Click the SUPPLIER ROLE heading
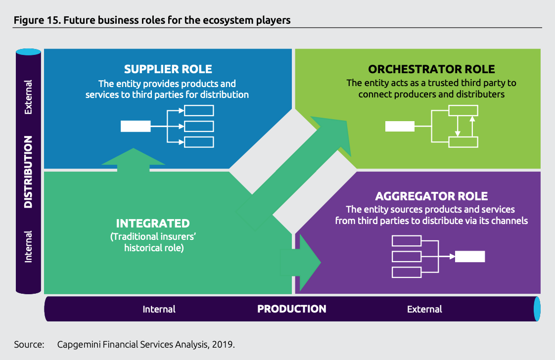[x=168, y=69]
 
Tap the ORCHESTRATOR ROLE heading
[x=431, y=69]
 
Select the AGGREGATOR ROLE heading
[x=431, y=196]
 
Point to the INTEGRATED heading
[x=153, y=224]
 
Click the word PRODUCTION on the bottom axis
[x=292, y=309]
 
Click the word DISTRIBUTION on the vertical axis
[x=28, y=172]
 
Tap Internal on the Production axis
[x=159, y=310]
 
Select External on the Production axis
[x=424, y=310]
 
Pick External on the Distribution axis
[x=28, y=97]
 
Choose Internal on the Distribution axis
[x=28, y=246]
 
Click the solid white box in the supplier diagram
[x=136, y=127]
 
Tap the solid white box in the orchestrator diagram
[x=400, y=127]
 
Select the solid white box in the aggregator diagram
[x=470, y=257]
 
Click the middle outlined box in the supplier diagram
[x=199, y=127]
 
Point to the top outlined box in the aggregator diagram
[x=407, y=241]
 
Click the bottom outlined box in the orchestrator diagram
[x=463, y=142]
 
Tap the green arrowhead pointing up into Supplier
[x=133, y=156]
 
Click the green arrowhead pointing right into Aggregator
[x=310, y=263]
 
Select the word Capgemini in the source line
[x=79, y=345]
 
